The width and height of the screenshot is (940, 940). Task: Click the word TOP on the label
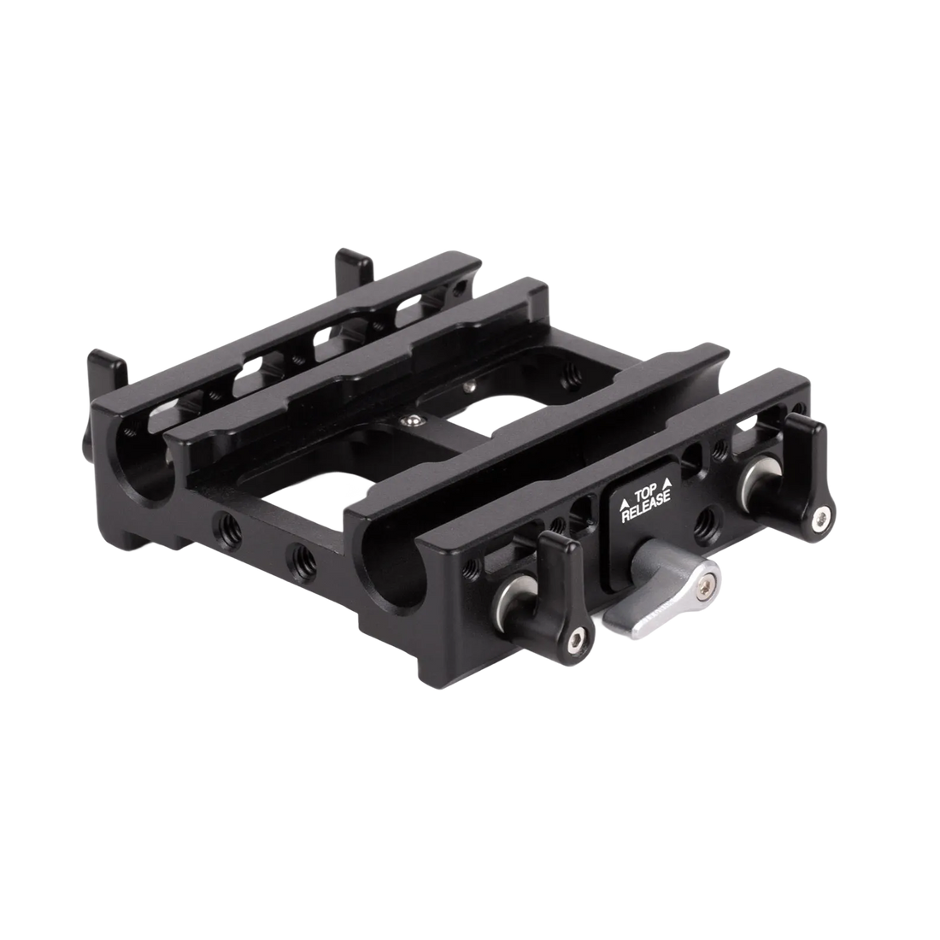tap(646, 496)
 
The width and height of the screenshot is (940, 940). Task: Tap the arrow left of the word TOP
tap(624, 503)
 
